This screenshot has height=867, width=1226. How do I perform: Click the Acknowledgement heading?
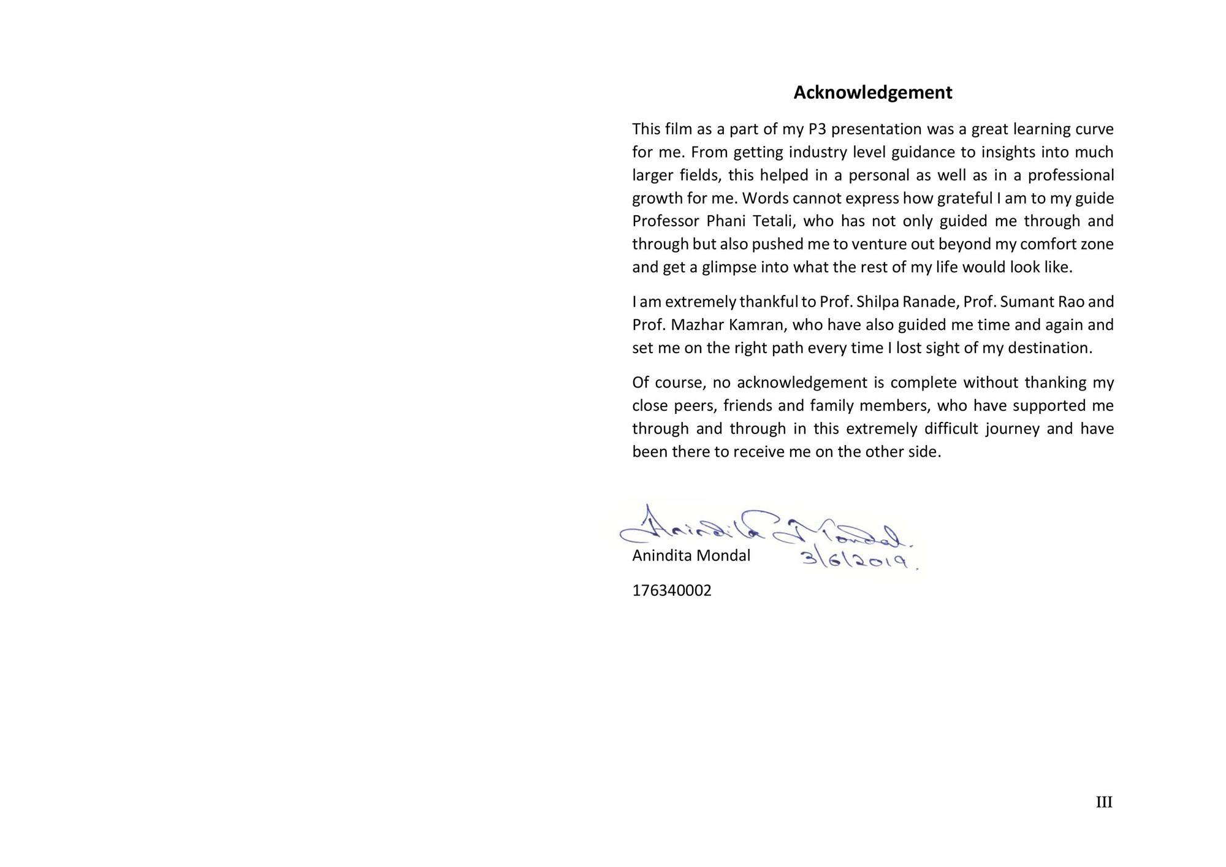point(872,93)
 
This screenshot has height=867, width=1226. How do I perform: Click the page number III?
point(1103,802)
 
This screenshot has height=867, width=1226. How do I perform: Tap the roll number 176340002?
point(671,590)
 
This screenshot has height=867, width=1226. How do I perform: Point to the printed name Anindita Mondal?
point(691,556)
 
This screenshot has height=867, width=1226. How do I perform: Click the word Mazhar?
point(695,325)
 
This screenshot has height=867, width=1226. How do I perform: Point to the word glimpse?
point(729,268)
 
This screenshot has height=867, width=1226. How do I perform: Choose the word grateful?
point(964,199)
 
